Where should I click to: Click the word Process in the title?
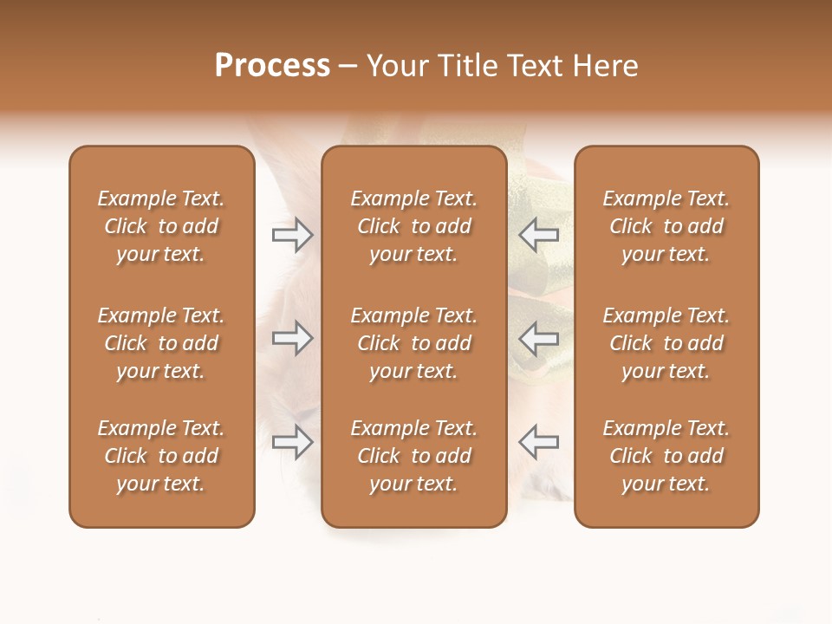[x=272, y=66]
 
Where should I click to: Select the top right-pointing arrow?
[x=292, y=235]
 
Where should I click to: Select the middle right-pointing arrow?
[x=292, y=338]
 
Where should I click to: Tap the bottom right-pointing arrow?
[x=292, y=442]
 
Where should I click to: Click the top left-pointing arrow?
[x=539, y=235]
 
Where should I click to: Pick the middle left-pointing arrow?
[x=539, y=338]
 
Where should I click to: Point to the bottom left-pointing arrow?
[x=539, y=442]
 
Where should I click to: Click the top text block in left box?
[x=161, y=226]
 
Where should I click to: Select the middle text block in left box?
[x=161, y=343]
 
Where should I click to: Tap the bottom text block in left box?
[x=161, y=456]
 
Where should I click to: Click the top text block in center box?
[x=413, y=226]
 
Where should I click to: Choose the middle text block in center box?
[x=413, y=343]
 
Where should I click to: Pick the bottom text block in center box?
[x=413, y=456]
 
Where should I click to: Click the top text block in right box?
[x=666, y=226]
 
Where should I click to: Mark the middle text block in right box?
[x=666, y=343]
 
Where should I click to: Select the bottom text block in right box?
[x=666, y=456]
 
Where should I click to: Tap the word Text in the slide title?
[x=536, y=66]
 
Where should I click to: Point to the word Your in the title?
[x=398, y=66]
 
